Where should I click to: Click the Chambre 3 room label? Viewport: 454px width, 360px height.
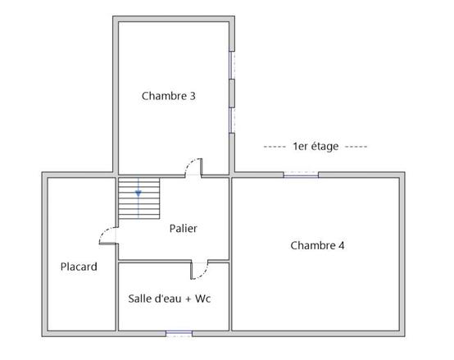click(x=169, y=96)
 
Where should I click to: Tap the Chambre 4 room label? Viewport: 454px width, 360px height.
click(x=317, y=245)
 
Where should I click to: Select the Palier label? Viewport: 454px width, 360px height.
click(x=183, y=228)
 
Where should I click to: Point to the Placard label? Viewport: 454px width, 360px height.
click(x=79, y=267)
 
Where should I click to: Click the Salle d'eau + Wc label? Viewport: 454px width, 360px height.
click(x=170, y=298)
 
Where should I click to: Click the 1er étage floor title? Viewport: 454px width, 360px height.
click(x=316, y=147)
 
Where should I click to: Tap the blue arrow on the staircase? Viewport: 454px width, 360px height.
click(x=138, y=194)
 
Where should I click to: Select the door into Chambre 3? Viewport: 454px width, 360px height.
click(x=193, y=167)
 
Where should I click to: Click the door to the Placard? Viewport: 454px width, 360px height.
click(x=108, y=235)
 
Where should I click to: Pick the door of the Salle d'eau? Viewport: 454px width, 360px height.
click(x=199, y=270)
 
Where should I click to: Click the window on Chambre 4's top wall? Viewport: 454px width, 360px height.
click(x=301, y=175)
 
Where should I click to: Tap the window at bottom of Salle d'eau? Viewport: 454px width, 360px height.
click(x=179, y=334)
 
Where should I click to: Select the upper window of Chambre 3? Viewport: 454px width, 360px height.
click(x=232, y=65)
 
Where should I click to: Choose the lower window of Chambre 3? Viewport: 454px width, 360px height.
click(x=232, y=121)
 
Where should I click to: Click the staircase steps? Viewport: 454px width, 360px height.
click(x=139, y=198)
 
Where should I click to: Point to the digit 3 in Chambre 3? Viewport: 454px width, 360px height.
click(x=193, y=96)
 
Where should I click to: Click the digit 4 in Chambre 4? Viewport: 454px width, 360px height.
click(x=342, y=245)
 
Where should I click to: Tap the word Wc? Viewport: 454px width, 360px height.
click(x=203, y=298)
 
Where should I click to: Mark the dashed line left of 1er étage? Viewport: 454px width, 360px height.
click(x=275, y=147)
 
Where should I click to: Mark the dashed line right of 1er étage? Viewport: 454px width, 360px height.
click(x=356, y=147)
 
